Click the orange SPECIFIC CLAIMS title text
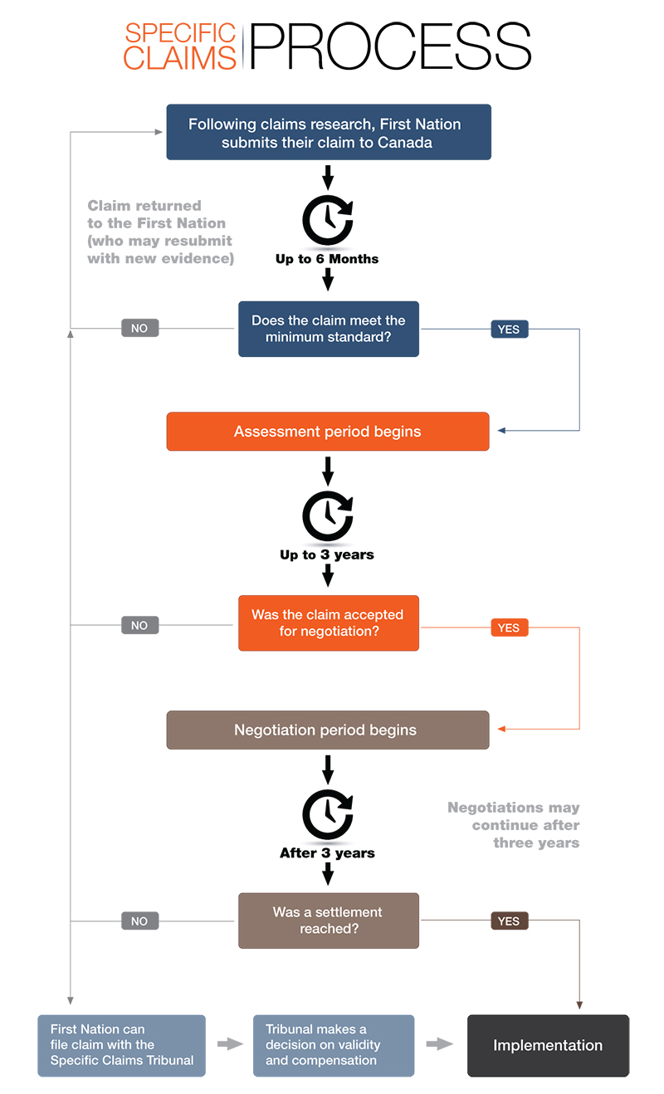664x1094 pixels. click(x=180, y=46)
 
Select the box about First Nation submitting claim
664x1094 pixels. click(x=329, y=132)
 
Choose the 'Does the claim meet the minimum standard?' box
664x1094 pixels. click(x=329, y=329)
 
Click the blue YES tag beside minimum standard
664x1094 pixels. click(x=509, y=329)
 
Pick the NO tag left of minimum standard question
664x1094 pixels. click(x=139, y=328)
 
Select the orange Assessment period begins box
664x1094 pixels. click(x=328, y=432)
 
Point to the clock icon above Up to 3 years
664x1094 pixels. click(x=327, y=517)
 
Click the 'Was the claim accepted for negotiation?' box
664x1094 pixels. click(x=329, y=623)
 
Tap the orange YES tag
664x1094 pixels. click(x=509, y=628)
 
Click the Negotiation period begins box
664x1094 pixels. click(x=328, y=730)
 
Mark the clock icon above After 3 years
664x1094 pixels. click(x=327, y=814)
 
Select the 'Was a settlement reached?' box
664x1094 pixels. click(x=329, y=921)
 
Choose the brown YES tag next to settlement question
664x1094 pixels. click(x=509, y=921)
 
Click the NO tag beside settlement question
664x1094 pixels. click(x=139, y=921)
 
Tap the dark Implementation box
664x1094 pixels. click(x=548, y=1045)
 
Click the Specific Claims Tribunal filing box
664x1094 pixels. click(x=121, y=1045)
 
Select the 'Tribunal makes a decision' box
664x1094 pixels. click(x=333, y=1045)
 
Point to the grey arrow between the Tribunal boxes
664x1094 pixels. click(x=229, y=1044)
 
